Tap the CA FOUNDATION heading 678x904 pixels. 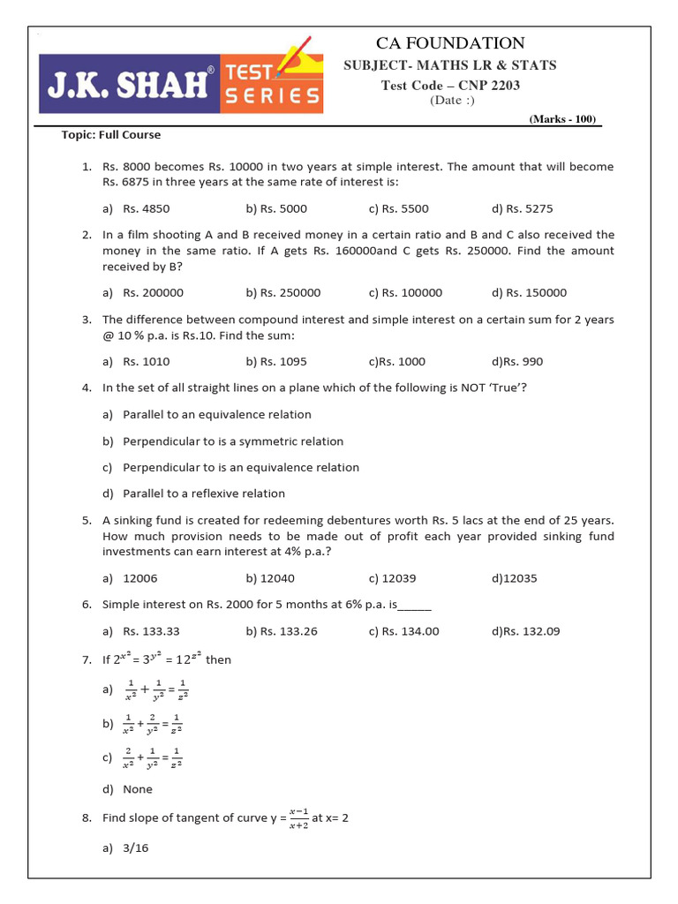(x=450, y=43)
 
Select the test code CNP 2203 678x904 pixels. (x=450, y=86)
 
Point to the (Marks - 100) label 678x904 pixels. (x=562, y=119)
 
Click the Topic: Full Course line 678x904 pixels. (x=111, y=135)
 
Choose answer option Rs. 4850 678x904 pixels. (x=146, y=209)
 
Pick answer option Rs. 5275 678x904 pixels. (x=523, y=209)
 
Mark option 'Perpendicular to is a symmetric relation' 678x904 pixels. (x=233, y=441)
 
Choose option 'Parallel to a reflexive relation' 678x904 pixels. (x=204, y=493)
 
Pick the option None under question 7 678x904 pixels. (x=138, y=789)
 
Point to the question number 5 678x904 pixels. (x=87, y=521)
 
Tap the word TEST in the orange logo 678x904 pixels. (x=252, y=72)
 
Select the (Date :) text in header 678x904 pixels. (x=452, y=100)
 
